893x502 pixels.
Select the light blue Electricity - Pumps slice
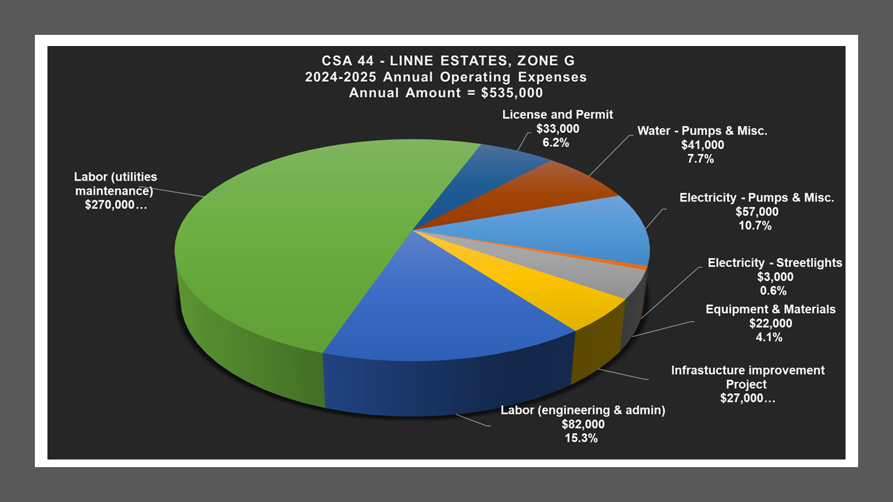click(x=586, y=230)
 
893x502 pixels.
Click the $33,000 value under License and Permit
click(x=557, y=129)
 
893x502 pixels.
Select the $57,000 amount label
click(x=757, y=212)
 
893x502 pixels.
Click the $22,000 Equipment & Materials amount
click(x=771, y=324)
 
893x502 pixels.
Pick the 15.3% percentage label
click(x=583, y=439)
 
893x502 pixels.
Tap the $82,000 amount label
click(x=583, y=425)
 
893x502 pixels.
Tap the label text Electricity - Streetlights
click(x=775, y=263)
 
